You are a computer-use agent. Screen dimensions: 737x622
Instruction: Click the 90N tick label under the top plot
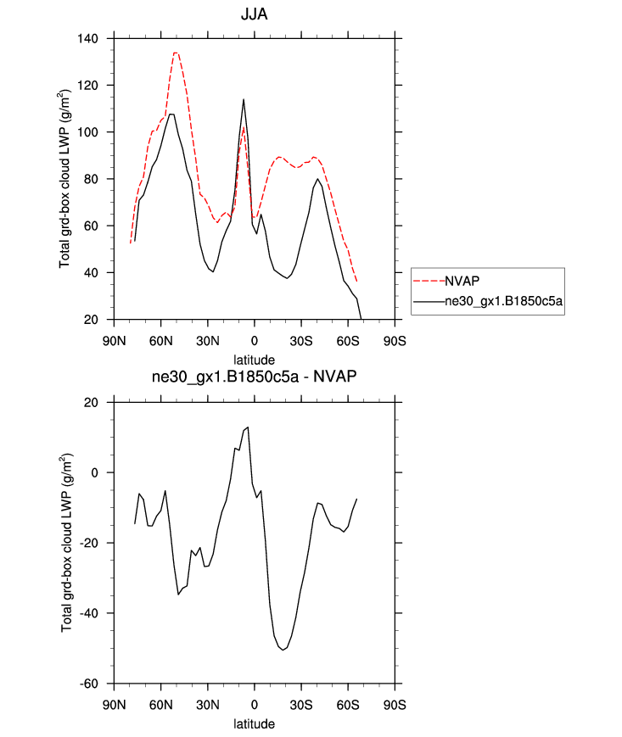[115, 342]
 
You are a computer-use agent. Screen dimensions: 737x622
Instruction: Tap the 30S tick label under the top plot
[301, 342]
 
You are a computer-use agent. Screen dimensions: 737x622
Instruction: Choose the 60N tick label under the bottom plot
[161, 706]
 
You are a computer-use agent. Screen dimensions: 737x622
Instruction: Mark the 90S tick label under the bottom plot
[395, 706]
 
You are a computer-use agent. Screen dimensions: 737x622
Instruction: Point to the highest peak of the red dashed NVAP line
[176, 53]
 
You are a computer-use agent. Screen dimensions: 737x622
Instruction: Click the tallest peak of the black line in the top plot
[244, 99]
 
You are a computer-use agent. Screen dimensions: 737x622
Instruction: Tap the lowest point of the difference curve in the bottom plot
[283, 650]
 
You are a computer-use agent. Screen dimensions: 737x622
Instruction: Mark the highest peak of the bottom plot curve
[248, 427]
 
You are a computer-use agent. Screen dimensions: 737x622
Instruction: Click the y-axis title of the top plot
[65, 179]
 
